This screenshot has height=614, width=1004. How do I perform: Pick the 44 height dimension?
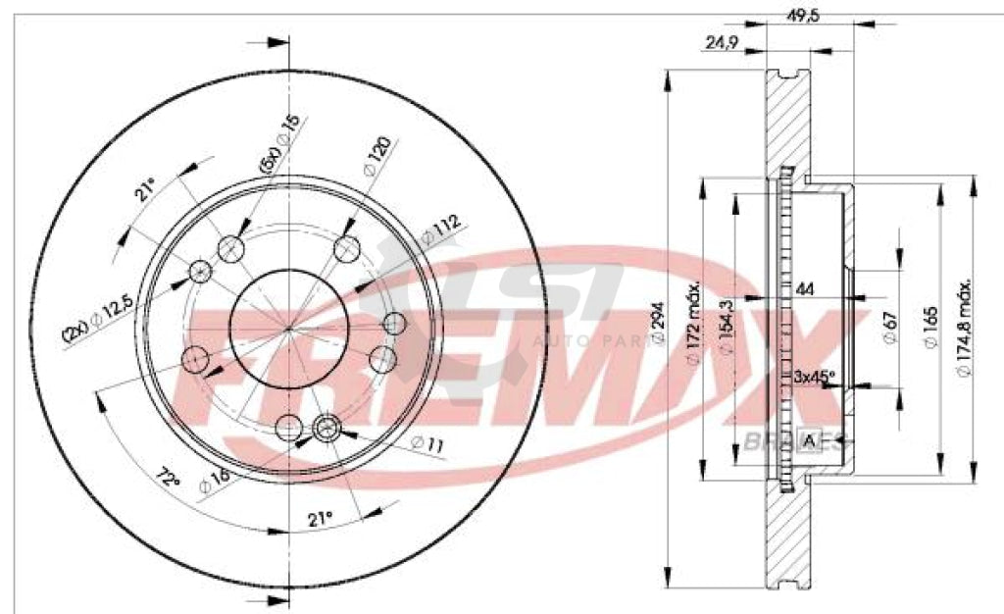[806, 289]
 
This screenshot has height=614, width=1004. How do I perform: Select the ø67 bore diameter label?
[887, 327]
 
